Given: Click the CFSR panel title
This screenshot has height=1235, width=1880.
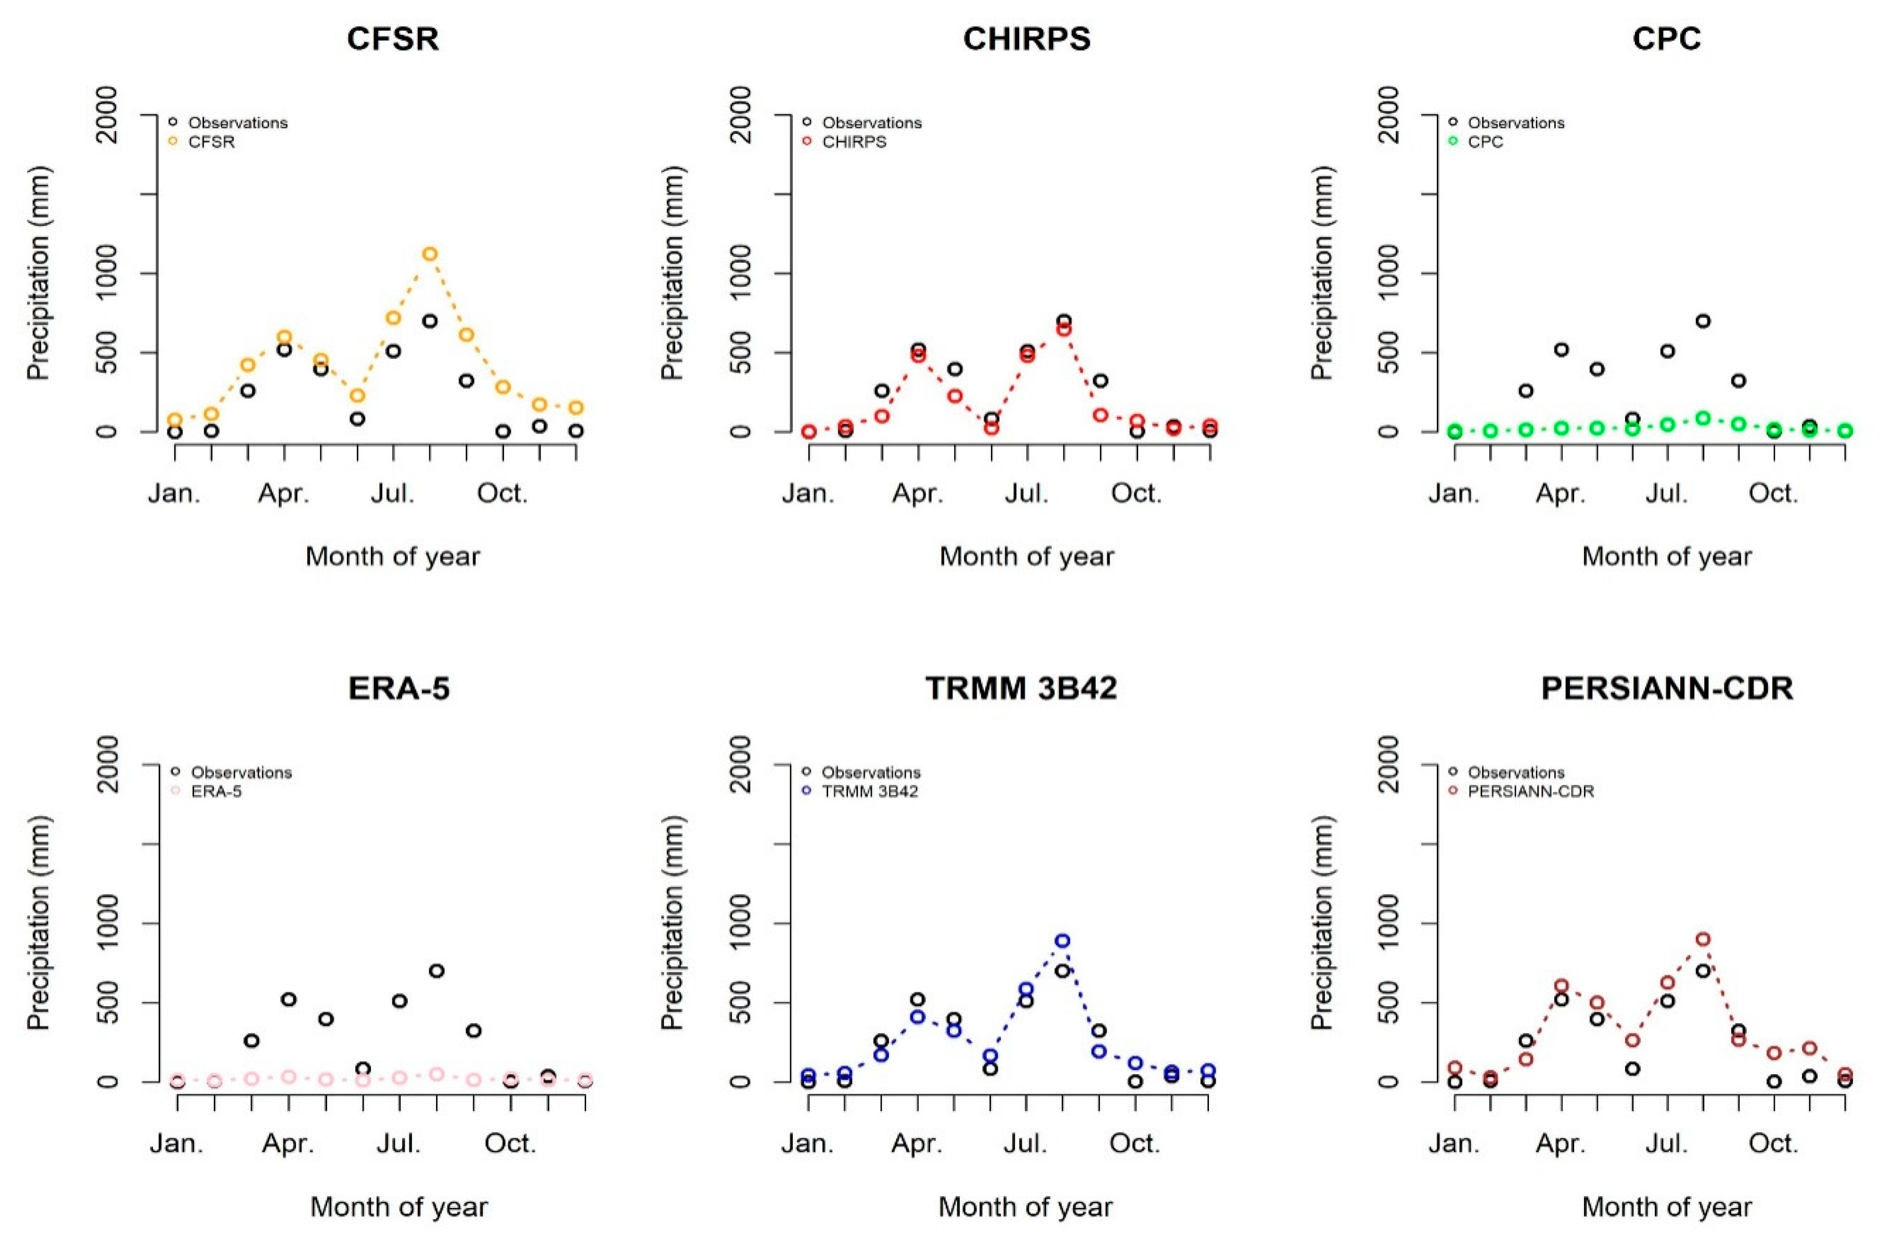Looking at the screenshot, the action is click(x=393, y=38).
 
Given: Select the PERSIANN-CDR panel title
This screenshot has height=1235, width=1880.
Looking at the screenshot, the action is click(x=1667, y=688).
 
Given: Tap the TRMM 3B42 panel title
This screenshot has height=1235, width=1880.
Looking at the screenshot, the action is click(x=1021, y=688).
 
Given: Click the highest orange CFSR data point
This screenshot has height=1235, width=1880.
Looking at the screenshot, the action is click(x=430, y=254).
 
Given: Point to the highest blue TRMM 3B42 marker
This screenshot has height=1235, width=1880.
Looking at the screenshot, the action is click(x=1062, y=940).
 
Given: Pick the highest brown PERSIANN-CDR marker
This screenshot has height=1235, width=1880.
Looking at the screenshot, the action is click(x=1703, y=938).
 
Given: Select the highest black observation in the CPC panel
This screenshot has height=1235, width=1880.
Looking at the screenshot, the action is click(x=1703, y=321).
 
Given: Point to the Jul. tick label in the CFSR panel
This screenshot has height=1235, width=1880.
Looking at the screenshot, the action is click(x=393, y=494).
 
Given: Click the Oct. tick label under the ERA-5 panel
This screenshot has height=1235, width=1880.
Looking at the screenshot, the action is click(x=510, y=1143).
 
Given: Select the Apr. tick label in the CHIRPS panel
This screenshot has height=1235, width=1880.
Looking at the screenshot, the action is click(x=917, y=494).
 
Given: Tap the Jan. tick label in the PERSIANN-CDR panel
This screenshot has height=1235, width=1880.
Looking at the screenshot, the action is click(x=1453, y=1143).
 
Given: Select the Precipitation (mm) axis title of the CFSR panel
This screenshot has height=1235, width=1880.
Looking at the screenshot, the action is click(x=38, y=274).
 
